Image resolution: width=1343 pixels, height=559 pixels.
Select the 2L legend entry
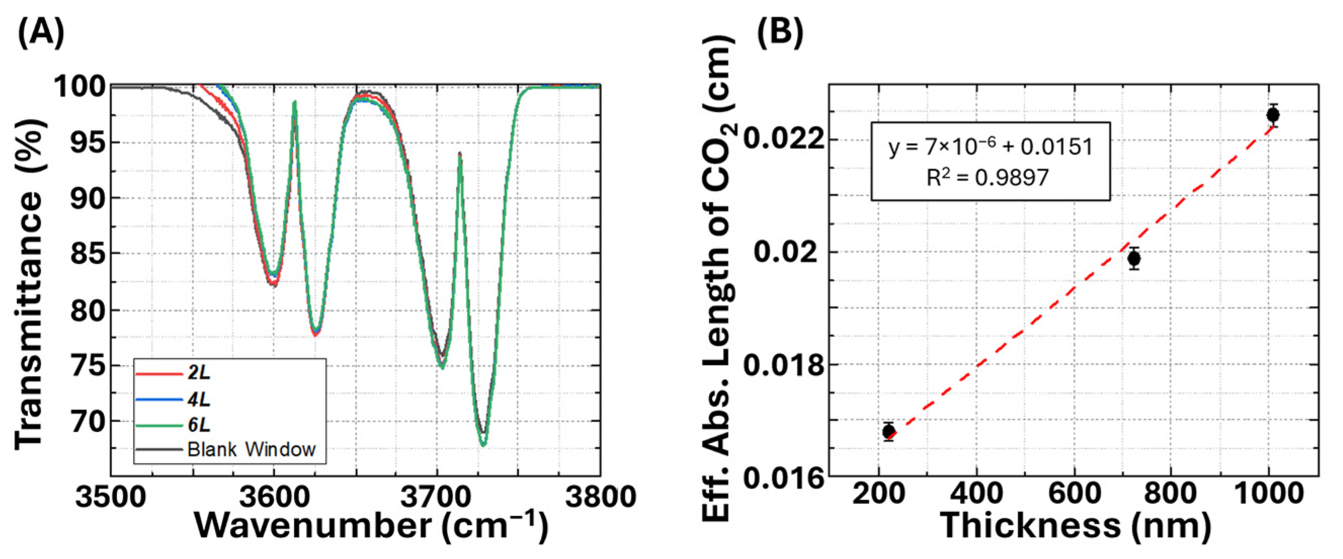(x=199, y=373)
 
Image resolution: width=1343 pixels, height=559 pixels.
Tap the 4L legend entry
(x=199, y=400)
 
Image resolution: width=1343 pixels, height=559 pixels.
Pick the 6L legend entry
(x=199, y=425)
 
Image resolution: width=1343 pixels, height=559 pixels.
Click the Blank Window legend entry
(x=251, y=449)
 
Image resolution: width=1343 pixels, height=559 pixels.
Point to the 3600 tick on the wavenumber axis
(x=274, y=496)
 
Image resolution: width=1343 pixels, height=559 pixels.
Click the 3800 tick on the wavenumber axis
(x=600, y=496)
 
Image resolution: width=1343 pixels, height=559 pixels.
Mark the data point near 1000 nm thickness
(x=1273, y=115)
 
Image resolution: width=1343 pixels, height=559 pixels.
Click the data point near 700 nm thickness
(x=1134, y=259)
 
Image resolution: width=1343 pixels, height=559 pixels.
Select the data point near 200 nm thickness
(x=889, y=432)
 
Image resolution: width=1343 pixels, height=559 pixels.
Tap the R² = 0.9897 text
(x=987, y=178)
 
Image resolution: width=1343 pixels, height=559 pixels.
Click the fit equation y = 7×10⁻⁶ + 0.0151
(x=991, y=147)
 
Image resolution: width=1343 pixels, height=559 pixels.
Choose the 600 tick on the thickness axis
(x=1074, y=493)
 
